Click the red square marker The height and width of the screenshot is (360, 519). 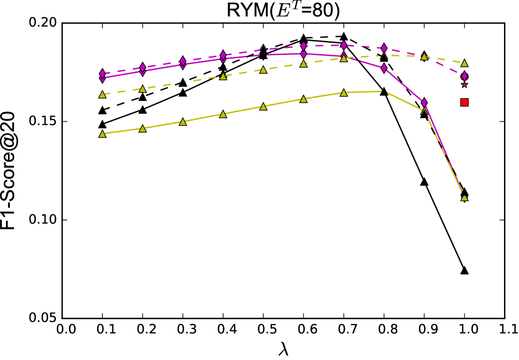(464, 102)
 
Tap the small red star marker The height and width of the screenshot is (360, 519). (464, 85)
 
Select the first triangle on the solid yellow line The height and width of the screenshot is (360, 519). (102, 134)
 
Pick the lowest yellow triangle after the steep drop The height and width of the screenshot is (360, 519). (464, 197)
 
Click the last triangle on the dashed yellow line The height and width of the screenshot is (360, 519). (464, 63)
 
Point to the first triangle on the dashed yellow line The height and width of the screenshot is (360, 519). (102, 94)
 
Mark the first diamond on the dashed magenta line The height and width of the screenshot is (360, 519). (102, 73)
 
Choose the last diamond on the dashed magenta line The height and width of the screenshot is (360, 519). (464, 76)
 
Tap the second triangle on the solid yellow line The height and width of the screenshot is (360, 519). (142, 128)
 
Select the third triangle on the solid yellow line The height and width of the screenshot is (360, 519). (183, 122)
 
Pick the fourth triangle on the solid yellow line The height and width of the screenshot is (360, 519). (223, 114)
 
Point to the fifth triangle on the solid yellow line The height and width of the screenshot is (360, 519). (263, 107)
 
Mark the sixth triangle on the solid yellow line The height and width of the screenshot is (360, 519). (303, 99)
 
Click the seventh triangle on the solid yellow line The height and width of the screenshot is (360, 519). (344, 93)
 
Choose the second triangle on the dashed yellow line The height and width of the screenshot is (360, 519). (142, 89)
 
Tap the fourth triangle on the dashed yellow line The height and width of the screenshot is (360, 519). (223, 76)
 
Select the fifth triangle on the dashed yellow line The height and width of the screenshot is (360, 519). (263, 70)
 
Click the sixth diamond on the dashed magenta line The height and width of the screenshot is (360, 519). (303, 46)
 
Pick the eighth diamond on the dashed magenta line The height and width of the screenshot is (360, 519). (384, 48)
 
